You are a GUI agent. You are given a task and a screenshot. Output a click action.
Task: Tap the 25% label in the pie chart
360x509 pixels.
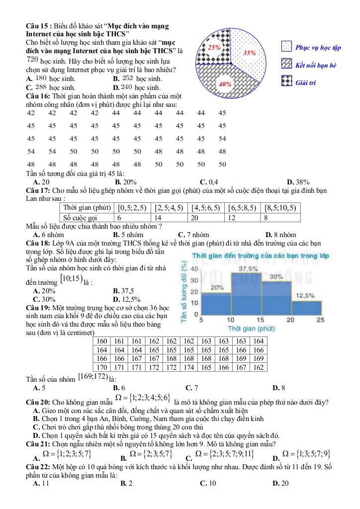214,48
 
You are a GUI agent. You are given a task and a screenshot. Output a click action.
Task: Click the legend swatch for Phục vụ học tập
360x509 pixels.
286,48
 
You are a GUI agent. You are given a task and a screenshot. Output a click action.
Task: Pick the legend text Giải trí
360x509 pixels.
306,82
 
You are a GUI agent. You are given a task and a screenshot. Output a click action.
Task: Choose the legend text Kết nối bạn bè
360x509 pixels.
316,65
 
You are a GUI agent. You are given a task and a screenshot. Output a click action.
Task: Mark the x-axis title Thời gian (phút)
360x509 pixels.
252,329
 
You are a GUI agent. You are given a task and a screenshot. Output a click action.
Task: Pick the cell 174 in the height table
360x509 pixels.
187,367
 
